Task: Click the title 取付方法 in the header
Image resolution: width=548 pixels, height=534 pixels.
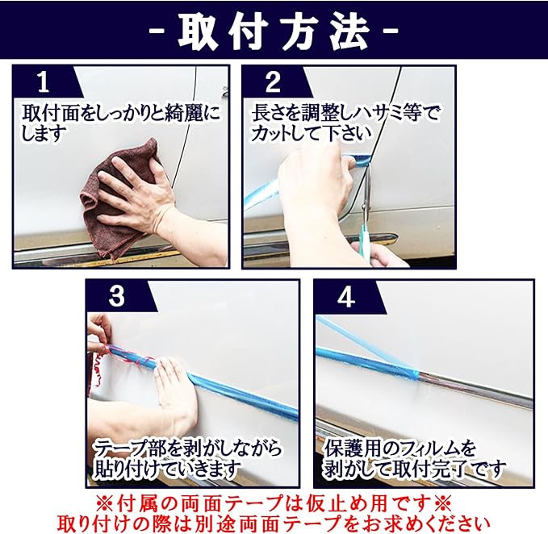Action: click(274, 32)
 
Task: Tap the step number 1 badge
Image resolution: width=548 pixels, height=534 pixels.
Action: click(44, 82)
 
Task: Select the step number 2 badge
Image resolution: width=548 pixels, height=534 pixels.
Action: click(273, 82)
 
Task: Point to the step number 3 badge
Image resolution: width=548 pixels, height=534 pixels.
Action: click(117, 297)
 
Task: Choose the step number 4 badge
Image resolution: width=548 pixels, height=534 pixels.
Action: click(346, 297)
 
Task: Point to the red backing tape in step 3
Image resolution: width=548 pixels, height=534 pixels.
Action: click(105, 360)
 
